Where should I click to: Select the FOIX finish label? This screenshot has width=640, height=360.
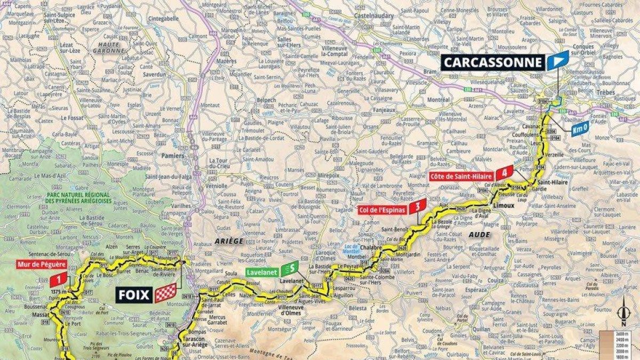pos(134,293)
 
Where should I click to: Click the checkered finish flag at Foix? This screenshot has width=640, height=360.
pos(165,293)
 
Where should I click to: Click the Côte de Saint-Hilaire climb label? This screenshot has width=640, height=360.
pos(462,175)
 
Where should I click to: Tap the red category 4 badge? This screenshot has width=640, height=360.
pos(504,173)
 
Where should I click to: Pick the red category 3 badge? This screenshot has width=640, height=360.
pos(419,206)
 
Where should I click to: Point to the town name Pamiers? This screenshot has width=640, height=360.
pos(173,156)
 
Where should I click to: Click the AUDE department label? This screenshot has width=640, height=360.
pos(484,234)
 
